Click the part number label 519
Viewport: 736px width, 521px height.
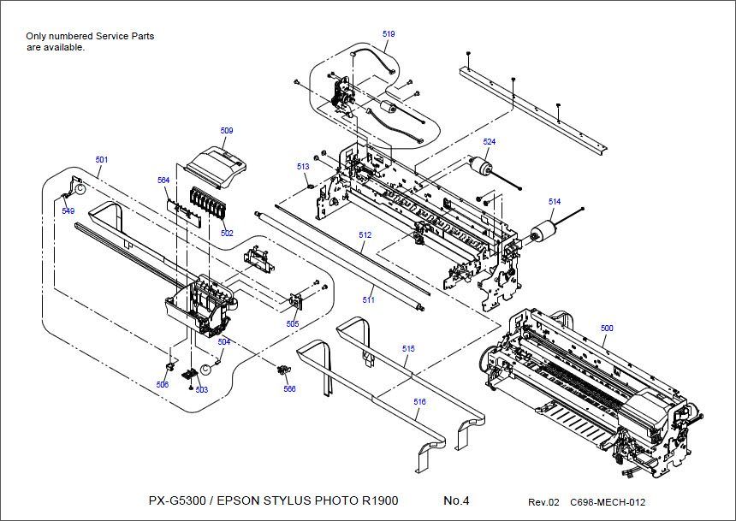(x=389, y=33)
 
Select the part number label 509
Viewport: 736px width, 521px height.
(x=226, y=131)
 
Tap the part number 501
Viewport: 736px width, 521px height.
(x=102, y=160)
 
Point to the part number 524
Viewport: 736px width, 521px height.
(x=489, y=141)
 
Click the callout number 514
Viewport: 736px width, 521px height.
(x=555, y=202)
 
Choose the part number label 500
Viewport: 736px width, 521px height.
(x=607, y=329)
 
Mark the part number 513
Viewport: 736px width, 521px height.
(x=303, y=167)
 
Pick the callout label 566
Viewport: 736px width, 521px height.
(x=289, y=388)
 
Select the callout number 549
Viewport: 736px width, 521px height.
(x=68, y=210)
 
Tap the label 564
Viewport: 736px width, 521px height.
(x=163, y=181)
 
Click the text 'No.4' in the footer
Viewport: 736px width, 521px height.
(x=456, y=500)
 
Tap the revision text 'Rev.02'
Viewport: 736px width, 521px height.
(x=543, y=502)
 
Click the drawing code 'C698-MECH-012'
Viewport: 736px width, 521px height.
(x=608, y=502)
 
